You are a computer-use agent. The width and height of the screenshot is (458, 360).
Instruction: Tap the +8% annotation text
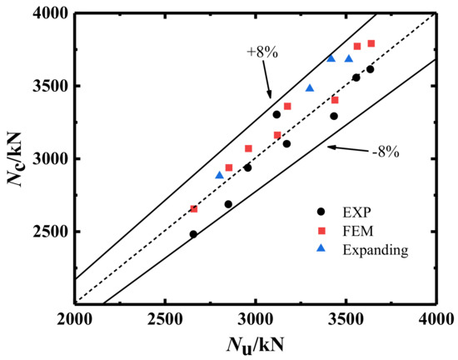click(262, 52)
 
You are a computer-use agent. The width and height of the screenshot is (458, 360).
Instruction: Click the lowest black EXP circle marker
click(193, 234)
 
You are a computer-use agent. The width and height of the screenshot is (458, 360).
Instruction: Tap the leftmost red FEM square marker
click(194, 209)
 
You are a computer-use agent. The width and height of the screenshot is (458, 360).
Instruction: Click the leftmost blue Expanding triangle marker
click(220, 175)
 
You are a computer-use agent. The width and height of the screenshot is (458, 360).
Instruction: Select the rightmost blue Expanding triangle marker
click(349, 58)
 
